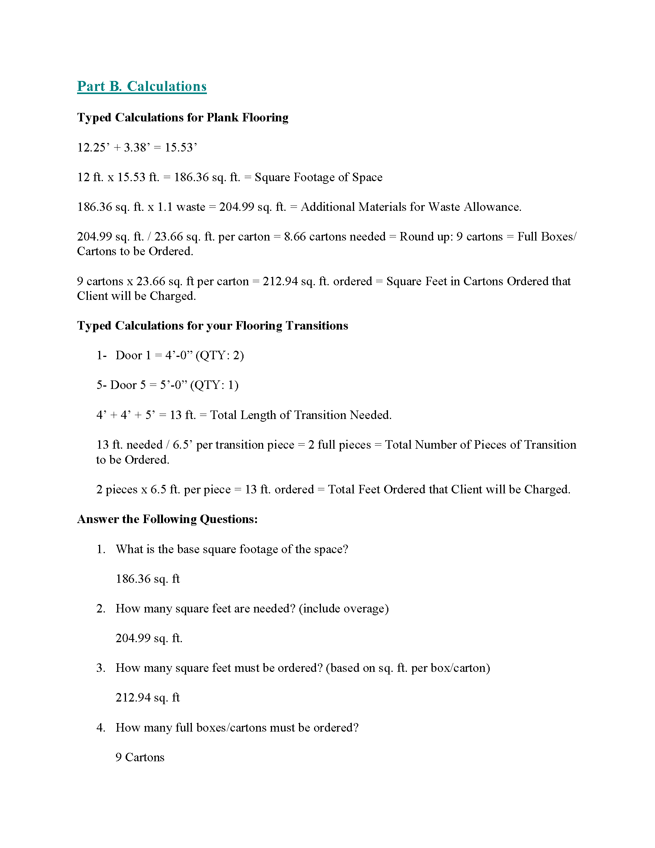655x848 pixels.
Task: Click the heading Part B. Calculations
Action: (x=142, y=86)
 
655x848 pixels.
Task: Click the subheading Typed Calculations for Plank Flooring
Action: (x=183, y=118)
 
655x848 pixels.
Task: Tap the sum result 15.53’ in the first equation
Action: (x=181, y=148)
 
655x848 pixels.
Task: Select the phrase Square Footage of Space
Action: (x=318, y=177)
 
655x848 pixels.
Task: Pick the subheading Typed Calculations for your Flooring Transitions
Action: (x=213, y=326)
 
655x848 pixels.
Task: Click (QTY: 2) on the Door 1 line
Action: (x=220, y=356)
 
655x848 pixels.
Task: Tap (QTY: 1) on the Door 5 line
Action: (x=214, y=385)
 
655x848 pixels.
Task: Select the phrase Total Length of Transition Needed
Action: (x=301, y=415)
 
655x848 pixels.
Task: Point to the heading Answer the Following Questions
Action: (x=167, y=520)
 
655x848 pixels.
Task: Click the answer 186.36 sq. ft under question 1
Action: (x=148, y=579)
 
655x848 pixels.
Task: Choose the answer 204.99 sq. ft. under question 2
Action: (x=149, y=638)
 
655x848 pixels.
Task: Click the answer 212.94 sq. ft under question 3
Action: (x=148, y=698)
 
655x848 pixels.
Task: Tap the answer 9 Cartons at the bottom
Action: (x=140, y=757)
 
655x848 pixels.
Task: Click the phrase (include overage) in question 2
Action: (x=344, y=608)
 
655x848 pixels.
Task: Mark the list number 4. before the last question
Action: (x=101, y=728)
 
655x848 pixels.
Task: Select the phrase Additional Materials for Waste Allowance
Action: (x=411, y=207)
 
